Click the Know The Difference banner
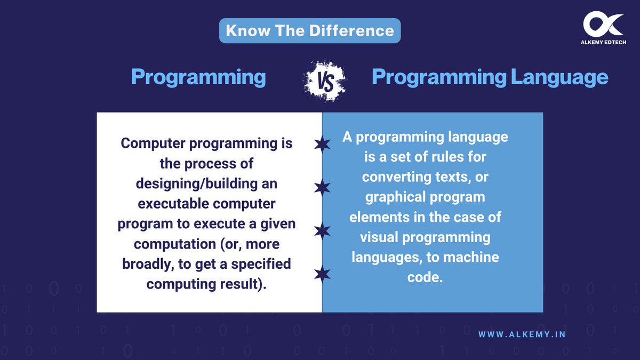point(309,30)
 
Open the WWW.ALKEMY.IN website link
point(522,334)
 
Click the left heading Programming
point(198,77)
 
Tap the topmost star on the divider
point(322,145)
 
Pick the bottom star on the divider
point(322,274)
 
